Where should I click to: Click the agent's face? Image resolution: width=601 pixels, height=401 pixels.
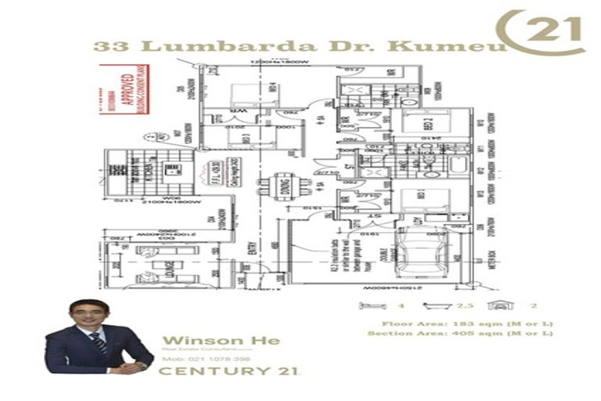click(88, 317)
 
